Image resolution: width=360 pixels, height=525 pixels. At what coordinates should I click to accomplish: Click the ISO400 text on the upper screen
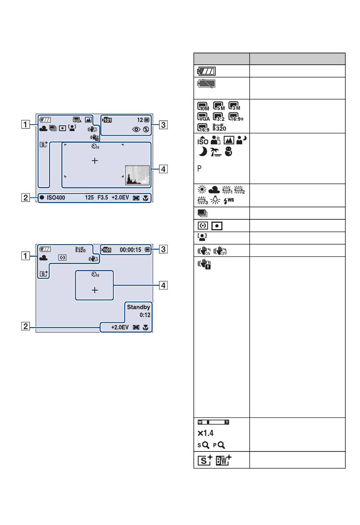pos(56,198)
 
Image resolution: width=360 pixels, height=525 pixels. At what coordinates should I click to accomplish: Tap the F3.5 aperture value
pos(103,198)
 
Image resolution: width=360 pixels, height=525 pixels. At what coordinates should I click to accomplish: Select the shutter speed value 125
pos(89,198)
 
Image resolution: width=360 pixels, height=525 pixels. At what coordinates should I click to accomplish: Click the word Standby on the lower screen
pos(138,307)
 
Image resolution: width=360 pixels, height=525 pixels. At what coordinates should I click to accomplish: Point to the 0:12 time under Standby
pos(145,315)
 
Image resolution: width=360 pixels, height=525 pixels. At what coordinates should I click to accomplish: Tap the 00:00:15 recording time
pos(130,250)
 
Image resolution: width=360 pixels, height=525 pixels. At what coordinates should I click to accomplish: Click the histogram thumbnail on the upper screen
pos(138,175)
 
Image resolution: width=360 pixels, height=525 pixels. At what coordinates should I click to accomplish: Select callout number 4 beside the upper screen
pos(163,169)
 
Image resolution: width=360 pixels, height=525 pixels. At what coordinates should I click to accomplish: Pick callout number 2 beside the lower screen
pos(25,326)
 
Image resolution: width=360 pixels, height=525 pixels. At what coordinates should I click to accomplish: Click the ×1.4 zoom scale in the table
pos(205,433)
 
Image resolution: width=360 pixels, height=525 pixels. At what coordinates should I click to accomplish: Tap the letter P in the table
pos(199,168)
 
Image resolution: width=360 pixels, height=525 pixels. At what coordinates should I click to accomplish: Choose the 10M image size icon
pos(203,106)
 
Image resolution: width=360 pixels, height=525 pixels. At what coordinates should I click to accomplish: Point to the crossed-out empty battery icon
pos(206,84)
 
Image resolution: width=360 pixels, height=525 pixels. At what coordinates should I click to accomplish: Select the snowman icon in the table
pos(229,152)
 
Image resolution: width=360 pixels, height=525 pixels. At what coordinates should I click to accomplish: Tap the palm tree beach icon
pos(216,152)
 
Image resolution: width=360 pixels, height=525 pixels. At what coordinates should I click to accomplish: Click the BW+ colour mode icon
pos(224,460)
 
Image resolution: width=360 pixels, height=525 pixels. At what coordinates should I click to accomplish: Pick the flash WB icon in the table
pos(229,201)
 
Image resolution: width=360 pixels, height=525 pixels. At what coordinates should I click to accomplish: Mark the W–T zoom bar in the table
pos(213,422)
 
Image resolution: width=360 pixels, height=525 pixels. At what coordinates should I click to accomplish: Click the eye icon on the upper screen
pos(136,130)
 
